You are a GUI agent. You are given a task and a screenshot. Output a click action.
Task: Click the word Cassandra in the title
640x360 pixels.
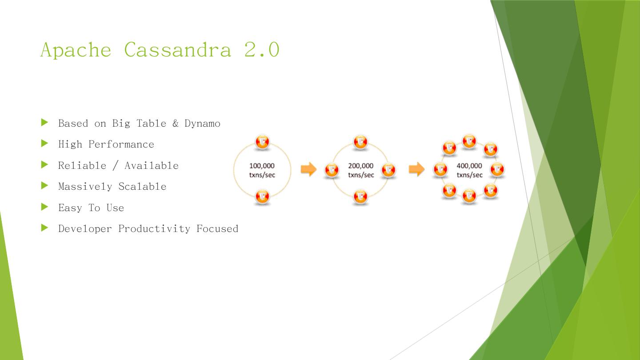tap(177, 49)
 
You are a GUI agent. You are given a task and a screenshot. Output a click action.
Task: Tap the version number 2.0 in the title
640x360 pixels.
tap(262, 49)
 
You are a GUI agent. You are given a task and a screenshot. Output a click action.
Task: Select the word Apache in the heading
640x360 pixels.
tap(76, 49)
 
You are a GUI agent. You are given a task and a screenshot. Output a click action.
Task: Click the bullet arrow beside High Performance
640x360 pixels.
tap(44, 143)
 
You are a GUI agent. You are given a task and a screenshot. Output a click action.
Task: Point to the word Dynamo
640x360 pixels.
tap(202, 123)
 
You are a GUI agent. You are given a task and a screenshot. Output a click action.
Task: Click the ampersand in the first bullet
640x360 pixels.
tap(175, 123)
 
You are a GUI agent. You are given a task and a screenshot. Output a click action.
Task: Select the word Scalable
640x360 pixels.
tap(142, 186)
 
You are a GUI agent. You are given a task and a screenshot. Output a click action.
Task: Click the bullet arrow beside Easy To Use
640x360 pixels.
tap(44, 207)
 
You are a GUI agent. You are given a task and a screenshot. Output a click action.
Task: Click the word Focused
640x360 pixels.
tap(217, 228)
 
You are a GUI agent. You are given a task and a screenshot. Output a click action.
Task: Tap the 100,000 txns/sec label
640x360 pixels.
tap(262, 170)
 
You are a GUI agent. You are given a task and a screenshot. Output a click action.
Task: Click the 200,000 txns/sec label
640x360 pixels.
tap(360, 170)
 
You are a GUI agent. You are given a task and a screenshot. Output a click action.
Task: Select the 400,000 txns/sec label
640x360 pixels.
tap(469, 170)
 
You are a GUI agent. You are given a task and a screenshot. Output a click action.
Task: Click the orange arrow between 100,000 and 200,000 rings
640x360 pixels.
tap(308, 169)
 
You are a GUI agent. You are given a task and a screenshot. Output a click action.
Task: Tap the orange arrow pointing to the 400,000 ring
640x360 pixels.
tap(416, 169)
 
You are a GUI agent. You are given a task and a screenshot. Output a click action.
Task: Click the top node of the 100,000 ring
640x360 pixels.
tap(262, 142)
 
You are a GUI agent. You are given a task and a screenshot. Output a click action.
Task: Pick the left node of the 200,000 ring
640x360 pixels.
tap(332, 170)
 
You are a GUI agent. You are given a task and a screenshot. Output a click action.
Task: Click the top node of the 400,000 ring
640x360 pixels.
tap(469, 141)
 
